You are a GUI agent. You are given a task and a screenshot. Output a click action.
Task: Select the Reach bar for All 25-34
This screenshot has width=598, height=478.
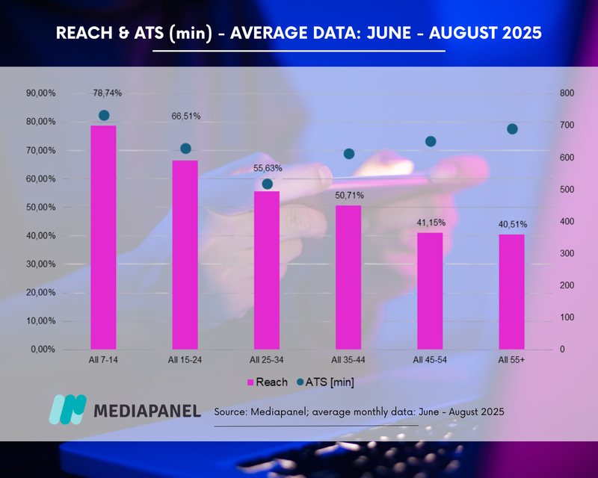[x=267, y=270]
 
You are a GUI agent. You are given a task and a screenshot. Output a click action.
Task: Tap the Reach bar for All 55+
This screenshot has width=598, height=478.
[x=512, y=291]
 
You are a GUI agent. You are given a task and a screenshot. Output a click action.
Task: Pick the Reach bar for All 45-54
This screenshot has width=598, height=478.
[x=430, y=291]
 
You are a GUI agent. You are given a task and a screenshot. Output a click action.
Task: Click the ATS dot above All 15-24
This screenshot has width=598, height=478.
[x=185, y=149]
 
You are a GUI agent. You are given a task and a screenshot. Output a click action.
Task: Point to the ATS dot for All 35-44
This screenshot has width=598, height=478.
[x=349, y=154]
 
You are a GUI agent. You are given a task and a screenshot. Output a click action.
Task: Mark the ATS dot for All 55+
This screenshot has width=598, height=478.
[x=512, y=129]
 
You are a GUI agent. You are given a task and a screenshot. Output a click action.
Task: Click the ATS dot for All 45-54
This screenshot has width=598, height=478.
[x=431, y=141]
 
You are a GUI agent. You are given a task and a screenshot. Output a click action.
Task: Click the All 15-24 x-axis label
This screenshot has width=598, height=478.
[x=185, y=361]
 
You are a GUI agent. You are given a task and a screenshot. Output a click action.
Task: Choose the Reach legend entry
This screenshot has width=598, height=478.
[x=266, y=382]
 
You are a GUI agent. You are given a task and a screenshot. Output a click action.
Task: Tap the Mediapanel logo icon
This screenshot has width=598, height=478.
[x=67, y=409]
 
